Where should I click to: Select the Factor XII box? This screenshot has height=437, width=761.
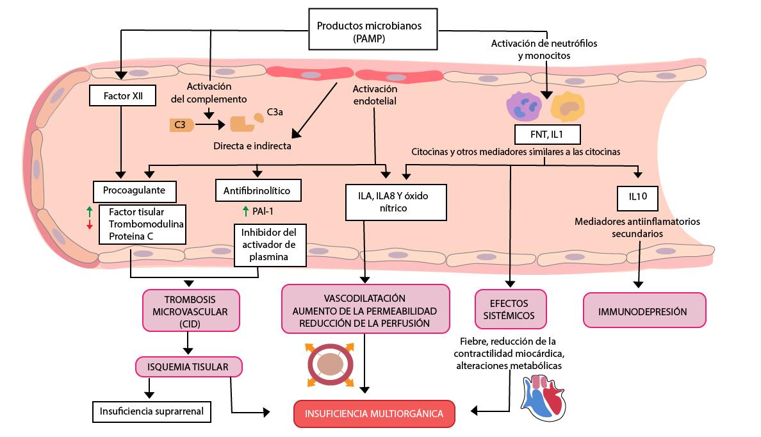pos(120,97)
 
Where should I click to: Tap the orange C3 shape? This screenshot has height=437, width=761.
pos(182,125)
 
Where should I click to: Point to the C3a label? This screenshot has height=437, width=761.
pos(275,111)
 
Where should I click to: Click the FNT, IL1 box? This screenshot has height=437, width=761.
pos(547,135)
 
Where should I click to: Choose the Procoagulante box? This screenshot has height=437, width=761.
pos(135,190)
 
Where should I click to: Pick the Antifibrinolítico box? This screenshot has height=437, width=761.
pos(258,190)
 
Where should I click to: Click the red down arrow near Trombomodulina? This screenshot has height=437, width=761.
pos(90,224)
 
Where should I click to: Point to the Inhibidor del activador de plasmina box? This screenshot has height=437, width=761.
pos(270,243)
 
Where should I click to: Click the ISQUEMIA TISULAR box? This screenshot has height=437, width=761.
pos(190,367)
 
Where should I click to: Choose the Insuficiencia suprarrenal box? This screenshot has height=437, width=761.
pos(152,411)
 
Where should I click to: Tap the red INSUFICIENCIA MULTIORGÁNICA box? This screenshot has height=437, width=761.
pos(374,413)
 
